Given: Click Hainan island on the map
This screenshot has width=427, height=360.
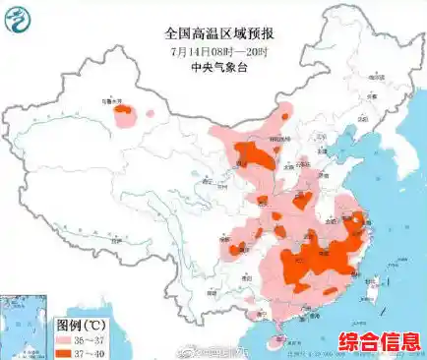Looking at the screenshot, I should tap(282, 339).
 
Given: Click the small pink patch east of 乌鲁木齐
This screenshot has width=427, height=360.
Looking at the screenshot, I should tap(150, 113).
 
